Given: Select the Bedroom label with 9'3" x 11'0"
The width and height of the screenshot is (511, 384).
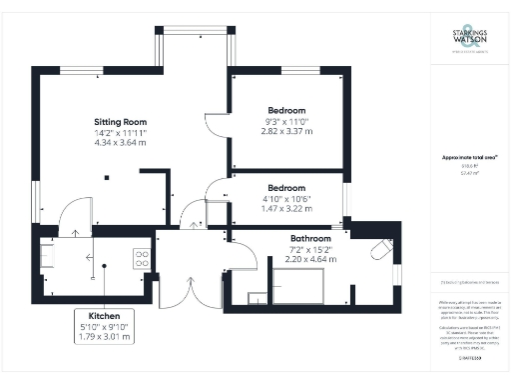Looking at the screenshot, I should (x=286, y=109).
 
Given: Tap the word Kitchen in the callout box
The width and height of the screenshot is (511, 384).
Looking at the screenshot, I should (x=105, y=314).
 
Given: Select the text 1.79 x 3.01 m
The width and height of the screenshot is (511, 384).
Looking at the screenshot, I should (x=105, y=336).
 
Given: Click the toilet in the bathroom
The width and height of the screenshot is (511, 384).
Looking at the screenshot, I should (x=380, y=250).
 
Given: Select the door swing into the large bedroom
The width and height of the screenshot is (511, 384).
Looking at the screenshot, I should (x=214, y=126).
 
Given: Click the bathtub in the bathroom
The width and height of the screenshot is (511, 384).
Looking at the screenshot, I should (x=305, y=291).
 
